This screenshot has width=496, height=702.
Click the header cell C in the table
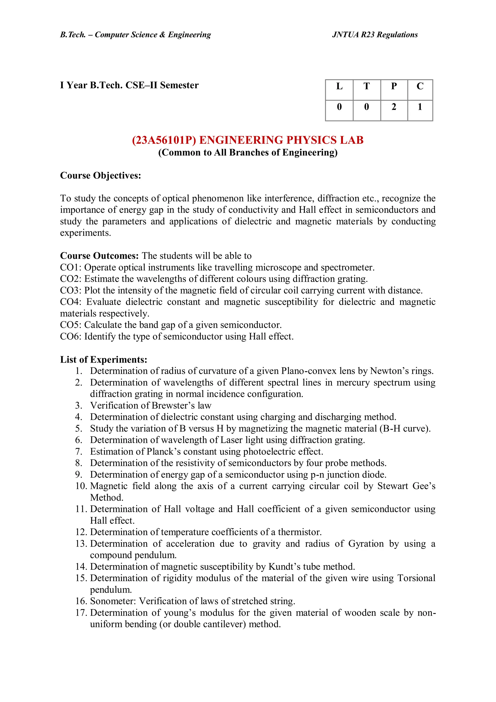click(x=420, y=87)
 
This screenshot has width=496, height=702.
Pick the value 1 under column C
click(x=420, y=107)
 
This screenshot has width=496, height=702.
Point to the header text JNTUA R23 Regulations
click(x=375, y=35)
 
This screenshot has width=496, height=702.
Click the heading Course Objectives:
click(x=101, y=175)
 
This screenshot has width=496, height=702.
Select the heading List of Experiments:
click(x=104, y=360)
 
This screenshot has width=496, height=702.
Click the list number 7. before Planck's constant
click(x=79, y=452)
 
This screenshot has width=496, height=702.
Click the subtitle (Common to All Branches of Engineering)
click(x=248, y=153)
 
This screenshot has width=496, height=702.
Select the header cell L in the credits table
click(x=339, y=87)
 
